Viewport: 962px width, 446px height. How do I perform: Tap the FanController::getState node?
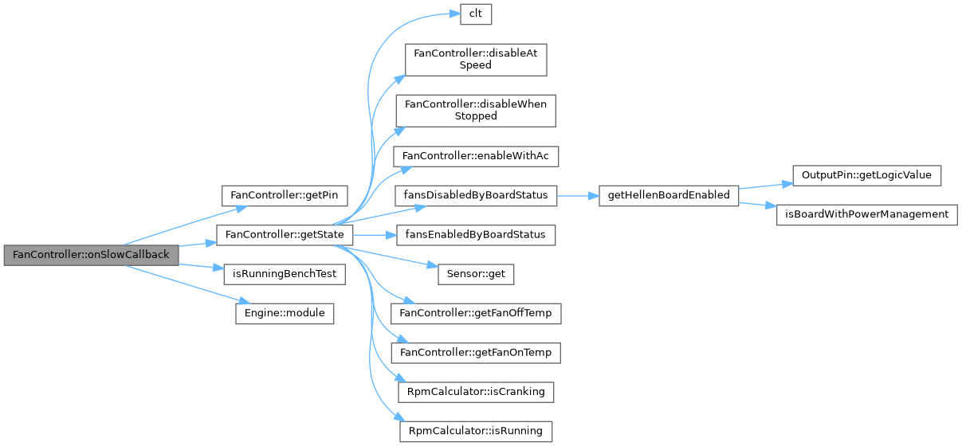point(285,235)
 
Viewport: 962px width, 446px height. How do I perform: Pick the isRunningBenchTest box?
point(284,274)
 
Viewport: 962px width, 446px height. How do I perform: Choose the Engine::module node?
point(284,313)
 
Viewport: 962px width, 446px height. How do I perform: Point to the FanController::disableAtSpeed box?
point(475,60)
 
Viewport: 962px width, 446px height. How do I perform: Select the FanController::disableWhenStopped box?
point(477,110)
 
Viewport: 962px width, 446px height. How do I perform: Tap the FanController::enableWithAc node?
point(477,156)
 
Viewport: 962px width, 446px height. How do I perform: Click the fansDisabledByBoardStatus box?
point(477,196)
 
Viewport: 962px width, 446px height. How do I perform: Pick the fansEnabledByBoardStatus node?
point(477,235)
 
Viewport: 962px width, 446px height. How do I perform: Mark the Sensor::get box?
point(476,274)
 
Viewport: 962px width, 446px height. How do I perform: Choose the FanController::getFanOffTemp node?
point(480,313)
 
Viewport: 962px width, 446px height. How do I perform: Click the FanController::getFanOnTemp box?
point(480,352)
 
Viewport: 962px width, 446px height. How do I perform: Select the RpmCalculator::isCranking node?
point(477,392)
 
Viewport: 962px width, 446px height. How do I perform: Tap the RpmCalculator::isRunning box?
point(476,431)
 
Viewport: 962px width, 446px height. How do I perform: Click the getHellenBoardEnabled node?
point(668,196)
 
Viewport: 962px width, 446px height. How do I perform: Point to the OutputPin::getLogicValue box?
point(866,175)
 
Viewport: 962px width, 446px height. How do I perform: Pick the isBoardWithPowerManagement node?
point(866,215)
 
